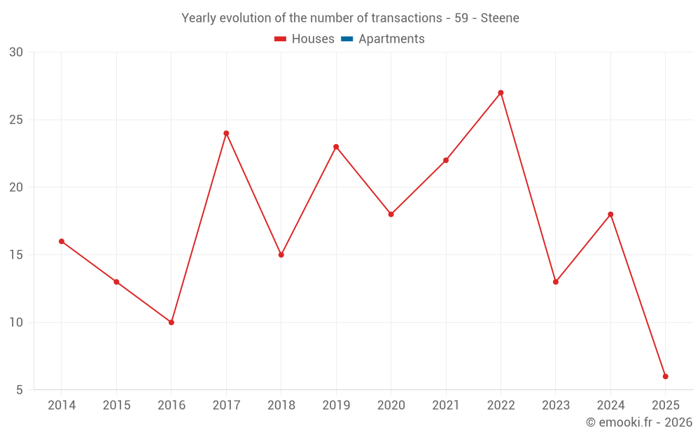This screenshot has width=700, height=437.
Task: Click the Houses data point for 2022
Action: click(x=500, y=93)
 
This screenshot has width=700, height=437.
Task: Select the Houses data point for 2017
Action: click(x=226, y=134)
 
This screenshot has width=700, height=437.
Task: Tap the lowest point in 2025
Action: click(x=665, y=377)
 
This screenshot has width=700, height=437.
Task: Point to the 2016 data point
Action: click(x=171, y=322)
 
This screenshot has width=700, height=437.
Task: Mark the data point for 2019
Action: click(x=336, y=147)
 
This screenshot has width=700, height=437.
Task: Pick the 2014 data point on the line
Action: click(x=62, y=241)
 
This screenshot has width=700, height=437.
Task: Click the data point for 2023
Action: click(x=556, y=282)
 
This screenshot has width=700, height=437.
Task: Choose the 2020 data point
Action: click(x=391, y=215)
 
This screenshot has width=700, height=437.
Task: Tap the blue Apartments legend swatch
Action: click(x=346, y=39)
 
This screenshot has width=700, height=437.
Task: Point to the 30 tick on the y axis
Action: click(x=16, y=52)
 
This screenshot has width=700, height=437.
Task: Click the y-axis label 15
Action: click(x=16, y=255)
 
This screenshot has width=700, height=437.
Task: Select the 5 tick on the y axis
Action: click(x=20, y=390)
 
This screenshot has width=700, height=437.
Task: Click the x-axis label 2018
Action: click(x=281, y=406)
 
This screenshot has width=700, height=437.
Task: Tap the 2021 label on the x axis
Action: click(x=446, y=406)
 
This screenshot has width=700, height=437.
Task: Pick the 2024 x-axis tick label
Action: click(x=610, y=406)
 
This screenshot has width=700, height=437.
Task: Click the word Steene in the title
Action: click(x=500, y=18)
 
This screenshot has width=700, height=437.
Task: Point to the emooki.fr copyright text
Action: click(x=639, y=422)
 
